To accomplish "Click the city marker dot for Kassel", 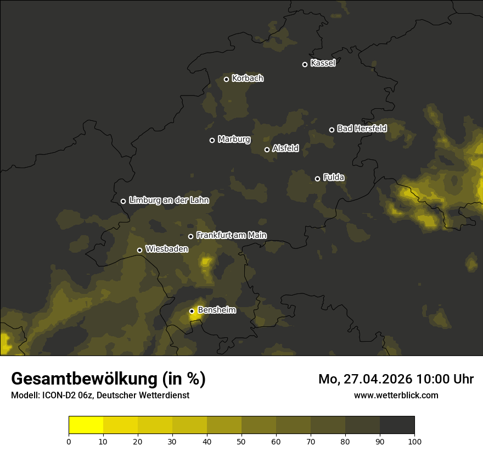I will pyautogui.click(x=305, y=64).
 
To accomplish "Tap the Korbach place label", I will pyautogui.click(x=248, y=79).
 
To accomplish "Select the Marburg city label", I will pyautogui.click(x=234, y=140).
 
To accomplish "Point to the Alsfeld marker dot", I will pyautogui.click(x=267, y=149).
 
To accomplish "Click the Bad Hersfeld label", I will pyautogui.click(x=362, y=129).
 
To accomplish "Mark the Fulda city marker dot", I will pyautogui.click(x=317, y=179).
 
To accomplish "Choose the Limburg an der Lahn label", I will pyautogui.click(x=169, y=201).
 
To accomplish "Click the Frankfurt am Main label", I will pyautogui.click(x=231, y=236).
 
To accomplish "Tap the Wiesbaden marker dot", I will pyautogui.click(x=139, y=250).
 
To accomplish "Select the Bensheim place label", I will pyautogui.click(x=216, y=310).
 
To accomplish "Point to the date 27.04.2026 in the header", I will pyautogui.click(x=378, y=379).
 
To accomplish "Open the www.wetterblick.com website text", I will pyautogui.click(x=396, y=395).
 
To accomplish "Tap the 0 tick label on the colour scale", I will pyautogui.click(x=69, y=441).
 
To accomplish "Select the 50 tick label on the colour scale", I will pyautogui.click(x=241, y=441).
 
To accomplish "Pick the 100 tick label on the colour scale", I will pyautogui.click(x=414, y=441).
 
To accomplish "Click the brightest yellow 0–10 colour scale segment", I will pyautogui.click(x=86, y=425).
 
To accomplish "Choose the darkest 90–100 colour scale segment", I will pyautogui.click(x=397, y=425).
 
